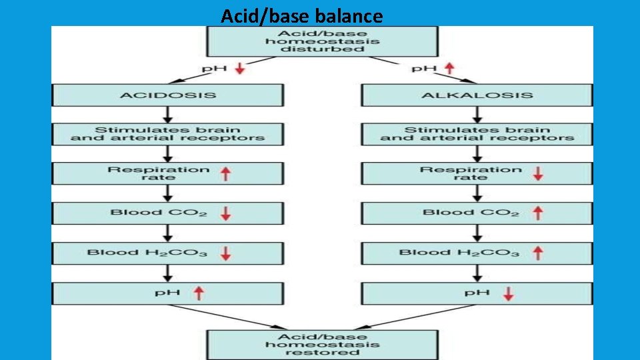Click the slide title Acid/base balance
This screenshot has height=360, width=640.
tap(302, 15)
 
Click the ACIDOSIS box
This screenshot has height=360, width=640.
tap(168, 95)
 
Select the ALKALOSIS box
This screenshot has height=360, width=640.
tap(477, 95)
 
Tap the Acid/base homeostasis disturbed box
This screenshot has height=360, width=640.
tap(323, 41)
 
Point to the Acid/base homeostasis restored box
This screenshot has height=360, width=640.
tap(323, 344)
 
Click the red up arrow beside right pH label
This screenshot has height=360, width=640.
tap(449, 69)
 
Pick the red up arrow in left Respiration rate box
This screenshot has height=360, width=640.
tap(226, 173)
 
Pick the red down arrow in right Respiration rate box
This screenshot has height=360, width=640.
tap(538, 173)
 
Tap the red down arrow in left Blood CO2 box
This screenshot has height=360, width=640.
tap(226, 213)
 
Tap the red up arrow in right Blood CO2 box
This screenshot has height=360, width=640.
tap(538, 213)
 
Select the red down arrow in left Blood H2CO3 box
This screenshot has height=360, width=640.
tap(226, 253)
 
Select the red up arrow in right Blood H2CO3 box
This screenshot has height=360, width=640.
tap(538, 253)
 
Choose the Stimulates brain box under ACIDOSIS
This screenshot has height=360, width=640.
tap(168, 134)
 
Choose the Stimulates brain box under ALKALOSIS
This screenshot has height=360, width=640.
tap(477, 134)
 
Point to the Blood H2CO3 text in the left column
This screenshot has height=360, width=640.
tap(148, 253)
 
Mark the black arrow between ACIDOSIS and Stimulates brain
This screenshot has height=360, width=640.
tap(168, 114)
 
